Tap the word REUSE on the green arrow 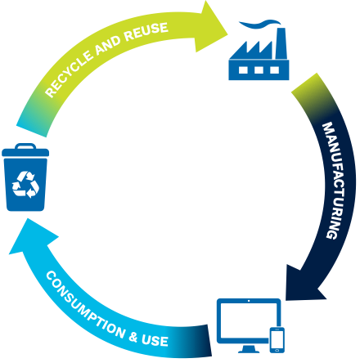click(146, 32)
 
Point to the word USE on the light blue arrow click(155, 341)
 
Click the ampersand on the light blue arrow click(133, 337)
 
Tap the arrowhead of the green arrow click(210, 27)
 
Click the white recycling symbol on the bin click(25, 185)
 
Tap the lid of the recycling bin click(25, 152)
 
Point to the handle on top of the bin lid click(25, 146)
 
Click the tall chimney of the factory click(281, 43)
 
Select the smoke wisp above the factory click(259, 24)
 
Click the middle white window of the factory click(259, 70)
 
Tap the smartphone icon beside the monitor click(277, 340)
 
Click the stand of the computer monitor click(249, 349)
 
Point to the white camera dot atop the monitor click(249, 301)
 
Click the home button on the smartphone click(277, 350)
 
